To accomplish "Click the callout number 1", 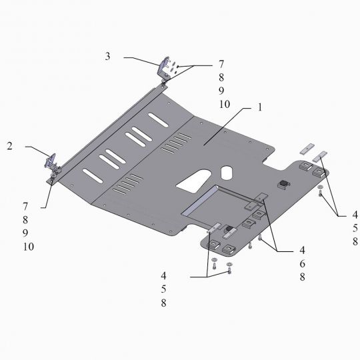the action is pos(260,107).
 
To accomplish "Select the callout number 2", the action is pos(9,146).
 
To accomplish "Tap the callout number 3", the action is pos(107,56).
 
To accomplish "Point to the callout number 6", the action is pos(303,263).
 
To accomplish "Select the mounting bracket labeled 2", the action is pos(53,163).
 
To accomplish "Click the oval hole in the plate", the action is pos(227,173).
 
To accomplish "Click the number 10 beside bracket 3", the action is pos(224,105).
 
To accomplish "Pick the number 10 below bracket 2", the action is pos(29,247).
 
